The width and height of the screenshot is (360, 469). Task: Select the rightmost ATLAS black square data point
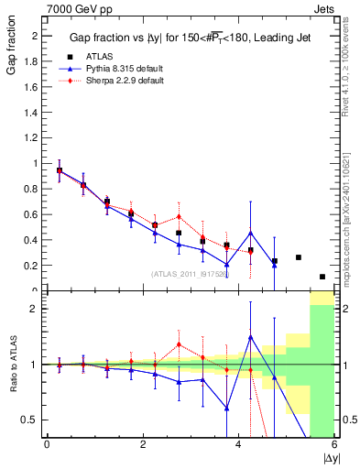(322, 277)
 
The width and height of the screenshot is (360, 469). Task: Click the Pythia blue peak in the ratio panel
(250, 337)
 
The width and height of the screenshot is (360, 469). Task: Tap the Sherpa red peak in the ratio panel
(179, 344)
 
